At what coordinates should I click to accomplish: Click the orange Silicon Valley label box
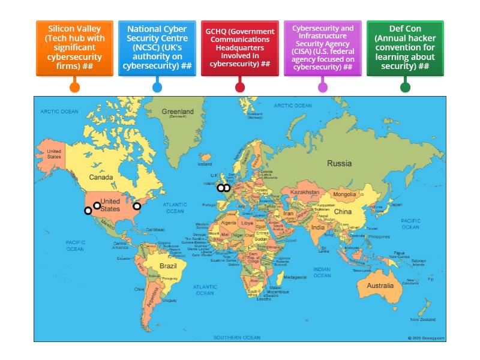[74, 49]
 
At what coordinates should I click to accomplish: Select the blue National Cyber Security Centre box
[157, 49]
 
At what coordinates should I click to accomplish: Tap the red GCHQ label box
[240, 49]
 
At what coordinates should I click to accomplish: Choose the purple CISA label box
[323, 49]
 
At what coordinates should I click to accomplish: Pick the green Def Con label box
[405, 49]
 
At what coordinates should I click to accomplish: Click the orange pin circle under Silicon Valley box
[74, 87]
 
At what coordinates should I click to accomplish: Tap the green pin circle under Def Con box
[405, 87]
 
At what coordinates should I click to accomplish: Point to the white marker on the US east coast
[137, 206]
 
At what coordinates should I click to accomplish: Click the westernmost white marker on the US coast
[88, 211]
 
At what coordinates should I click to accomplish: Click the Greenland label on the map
[178, 112]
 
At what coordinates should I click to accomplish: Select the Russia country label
[339, 163]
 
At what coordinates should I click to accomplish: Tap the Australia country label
[380, 286]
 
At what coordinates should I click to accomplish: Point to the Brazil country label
[167, 265]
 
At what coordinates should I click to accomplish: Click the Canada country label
[101, 178]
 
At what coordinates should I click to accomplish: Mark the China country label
[343, 212]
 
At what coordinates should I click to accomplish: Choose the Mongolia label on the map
[344, 194]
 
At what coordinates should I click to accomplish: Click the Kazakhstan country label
[304, 191]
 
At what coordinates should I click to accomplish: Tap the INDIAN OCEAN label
[322, 272]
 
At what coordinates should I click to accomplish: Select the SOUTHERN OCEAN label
[237, 337]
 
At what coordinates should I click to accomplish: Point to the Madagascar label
[295, 277]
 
